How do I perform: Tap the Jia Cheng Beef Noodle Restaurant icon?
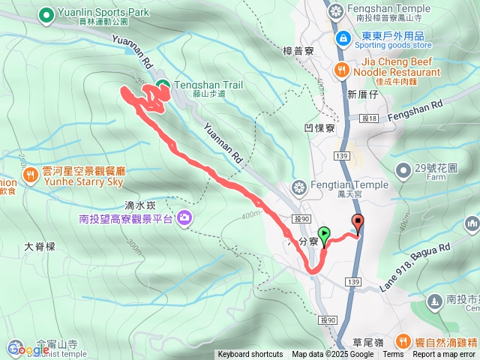[341, 69]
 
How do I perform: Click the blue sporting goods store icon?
[342, 37]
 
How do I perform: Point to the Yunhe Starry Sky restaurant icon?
[31, 175]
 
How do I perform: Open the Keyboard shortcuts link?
[250, 355]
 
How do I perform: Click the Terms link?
[393, 355]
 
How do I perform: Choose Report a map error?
[445, 355]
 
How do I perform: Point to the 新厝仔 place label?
[361, 94]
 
